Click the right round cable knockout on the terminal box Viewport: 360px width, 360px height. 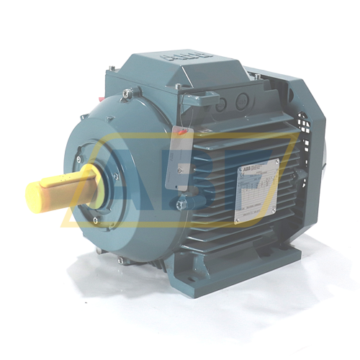(x=243, y=99)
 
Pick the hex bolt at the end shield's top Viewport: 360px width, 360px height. (x=127, y=93)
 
